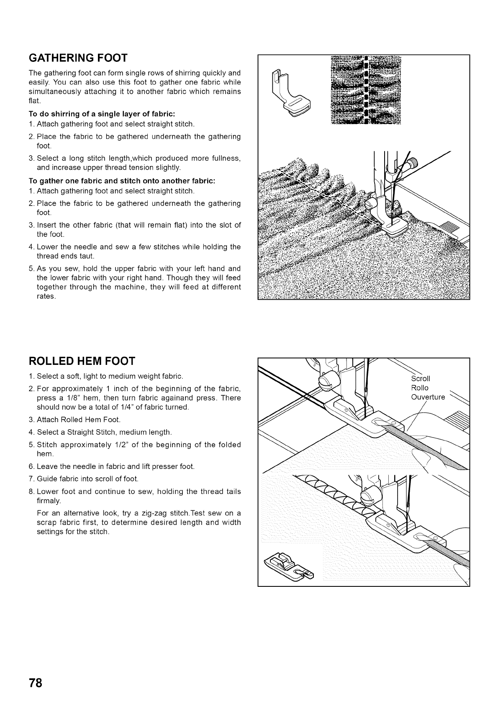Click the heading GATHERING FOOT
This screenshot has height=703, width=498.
click(78, 57)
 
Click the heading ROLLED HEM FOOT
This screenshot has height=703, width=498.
click(82, 361)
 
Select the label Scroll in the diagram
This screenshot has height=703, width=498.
click(420, 379)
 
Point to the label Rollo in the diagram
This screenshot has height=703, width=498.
click(419, 388)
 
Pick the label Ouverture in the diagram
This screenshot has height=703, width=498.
click(428, 397)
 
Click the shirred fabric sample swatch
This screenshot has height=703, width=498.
click(365, 90)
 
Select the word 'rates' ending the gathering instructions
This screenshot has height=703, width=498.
click(46, 296)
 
